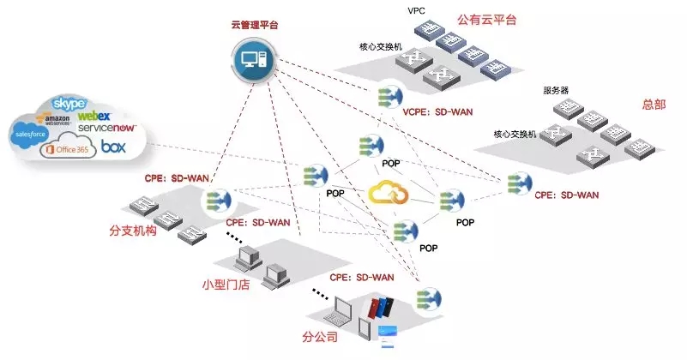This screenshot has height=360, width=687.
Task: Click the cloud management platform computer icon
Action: tap(255, 63)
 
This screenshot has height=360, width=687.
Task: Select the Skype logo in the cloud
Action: tap(69, 104)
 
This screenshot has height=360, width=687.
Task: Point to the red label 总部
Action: tap(654, 105)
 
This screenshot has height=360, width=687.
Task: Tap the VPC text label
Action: tap(417, 11)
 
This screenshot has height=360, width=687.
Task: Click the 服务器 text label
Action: tap(557, 90)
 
